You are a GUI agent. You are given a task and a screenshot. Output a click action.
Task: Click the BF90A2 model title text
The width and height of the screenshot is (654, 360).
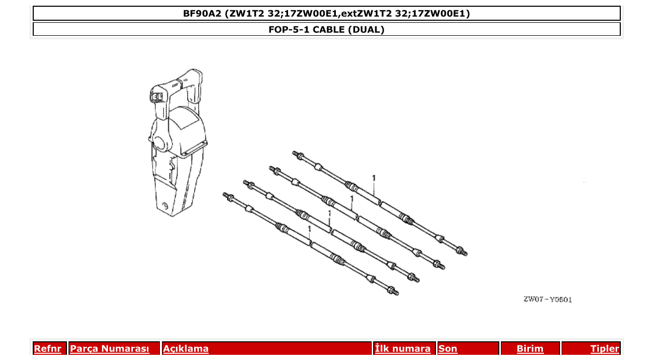click(326, 13)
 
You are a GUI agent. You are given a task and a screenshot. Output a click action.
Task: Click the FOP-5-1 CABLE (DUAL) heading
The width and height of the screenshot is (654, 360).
click(326, 30)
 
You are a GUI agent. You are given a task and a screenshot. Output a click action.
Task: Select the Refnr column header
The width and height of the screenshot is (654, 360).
click(47, 349)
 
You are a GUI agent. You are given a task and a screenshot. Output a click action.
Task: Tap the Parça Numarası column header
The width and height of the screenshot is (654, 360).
click(110, 349)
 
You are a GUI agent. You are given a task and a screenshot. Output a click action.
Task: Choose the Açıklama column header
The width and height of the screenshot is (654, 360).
click(186, 349)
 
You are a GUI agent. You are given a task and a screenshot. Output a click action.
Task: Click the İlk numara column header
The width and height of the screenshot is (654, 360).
click(403, 349)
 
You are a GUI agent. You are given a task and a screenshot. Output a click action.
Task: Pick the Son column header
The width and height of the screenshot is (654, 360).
click(448, 349)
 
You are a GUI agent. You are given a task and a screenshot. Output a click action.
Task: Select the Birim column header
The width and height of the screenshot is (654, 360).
click(530, 349)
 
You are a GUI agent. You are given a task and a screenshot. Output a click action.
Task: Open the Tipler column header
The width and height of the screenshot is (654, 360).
click(605, 349)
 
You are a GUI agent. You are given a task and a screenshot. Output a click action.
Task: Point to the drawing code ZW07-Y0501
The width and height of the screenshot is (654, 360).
click(548, 300)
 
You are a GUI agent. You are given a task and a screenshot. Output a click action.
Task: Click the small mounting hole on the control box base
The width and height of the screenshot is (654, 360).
click(166, 205)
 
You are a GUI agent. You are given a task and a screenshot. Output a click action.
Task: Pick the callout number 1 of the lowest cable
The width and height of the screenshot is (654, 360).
click(309, 228)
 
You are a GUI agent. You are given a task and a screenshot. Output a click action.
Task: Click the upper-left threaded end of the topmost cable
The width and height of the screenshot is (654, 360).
click(297, 155)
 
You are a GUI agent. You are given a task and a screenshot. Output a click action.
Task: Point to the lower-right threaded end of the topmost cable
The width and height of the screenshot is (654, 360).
click(462, 252)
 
